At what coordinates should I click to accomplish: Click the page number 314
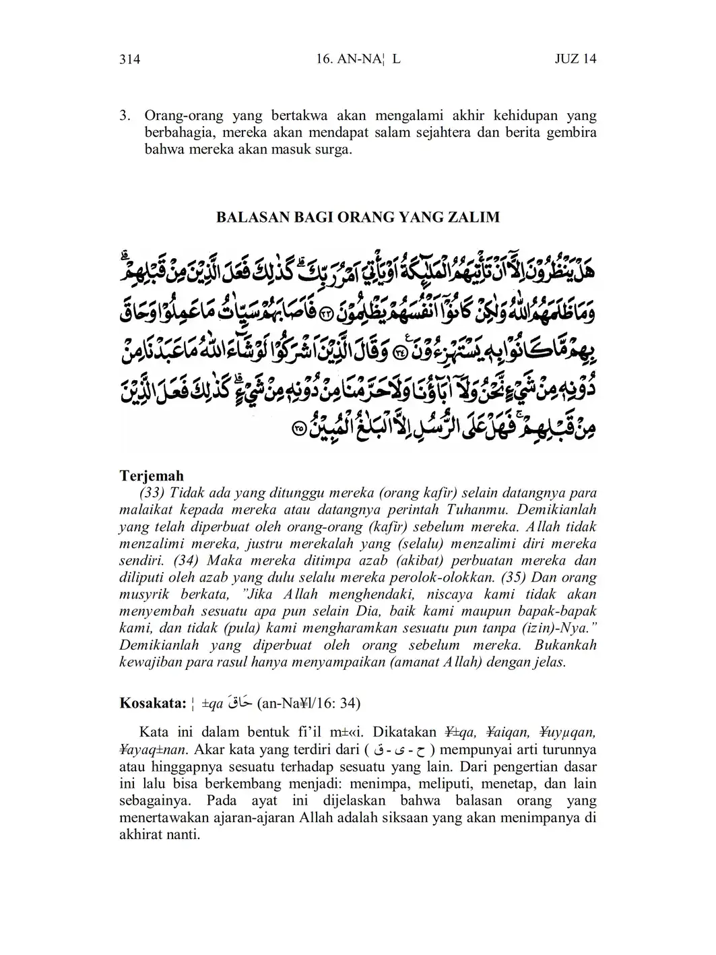(129, 59)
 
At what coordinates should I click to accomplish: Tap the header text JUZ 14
(575, 59)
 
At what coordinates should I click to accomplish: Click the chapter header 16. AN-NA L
(358, 59)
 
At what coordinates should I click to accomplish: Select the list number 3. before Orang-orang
(125, 115)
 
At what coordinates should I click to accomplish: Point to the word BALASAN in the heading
(248, 217)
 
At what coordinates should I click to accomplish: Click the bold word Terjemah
(152, 476)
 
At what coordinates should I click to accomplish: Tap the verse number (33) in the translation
(152, 493)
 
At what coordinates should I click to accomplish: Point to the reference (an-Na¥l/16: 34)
(308, 704)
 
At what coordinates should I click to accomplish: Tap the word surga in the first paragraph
(334, 150)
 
